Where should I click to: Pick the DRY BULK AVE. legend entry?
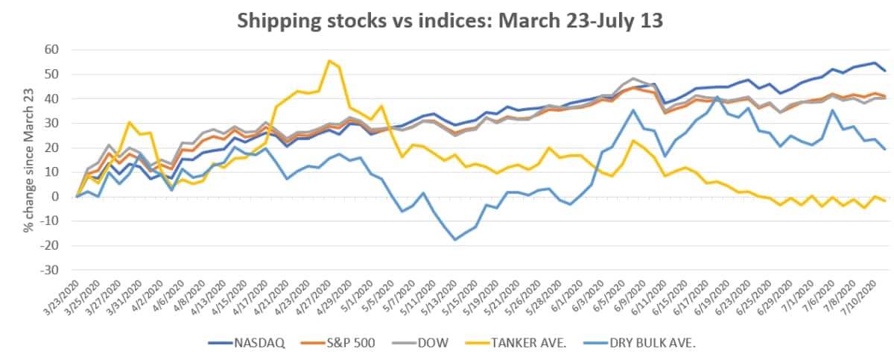point(648,343)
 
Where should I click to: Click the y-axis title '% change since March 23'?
point(28,160)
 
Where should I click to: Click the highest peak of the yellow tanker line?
point(329,61)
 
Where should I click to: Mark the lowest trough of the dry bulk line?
point(454,239)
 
